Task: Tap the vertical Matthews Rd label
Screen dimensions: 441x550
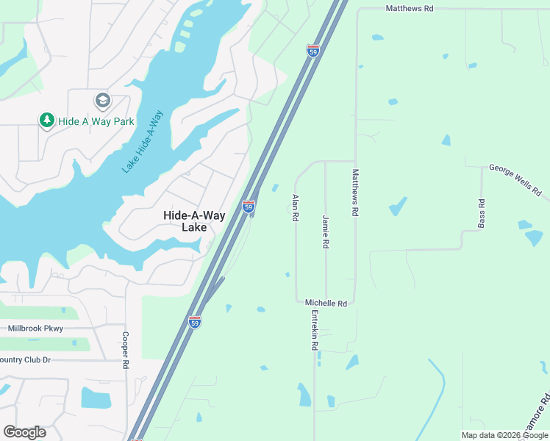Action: [x=355, y=193]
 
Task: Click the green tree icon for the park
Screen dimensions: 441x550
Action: [x=46, y=120]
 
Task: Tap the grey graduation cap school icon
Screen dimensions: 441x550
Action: [x=102, y=100]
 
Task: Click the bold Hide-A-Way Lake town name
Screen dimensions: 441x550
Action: [x=184, y=220]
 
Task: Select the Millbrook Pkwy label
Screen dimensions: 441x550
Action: [x=35, y=329]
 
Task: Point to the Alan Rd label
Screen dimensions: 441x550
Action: [x=296, y=208]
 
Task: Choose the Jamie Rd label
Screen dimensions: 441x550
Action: [x=325, y=231]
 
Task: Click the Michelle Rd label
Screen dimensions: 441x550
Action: [x=326, y=303]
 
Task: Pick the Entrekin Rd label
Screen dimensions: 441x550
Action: [x=314, y=330]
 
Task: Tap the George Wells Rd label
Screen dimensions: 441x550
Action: [x=515, y=180]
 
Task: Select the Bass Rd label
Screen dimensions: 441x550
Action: [x=482, y=212]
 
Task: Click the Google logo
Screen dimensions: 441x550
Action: [x=25, y=431]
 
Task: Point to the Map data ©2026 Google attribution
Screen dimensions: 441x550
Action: [x=504, y=435]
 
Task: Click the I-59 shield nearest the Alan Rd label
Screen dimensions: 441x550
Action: [x=249, y=207]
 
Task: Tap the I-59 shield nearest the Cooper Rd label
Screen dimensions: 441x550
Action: [x=194, y=322]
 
